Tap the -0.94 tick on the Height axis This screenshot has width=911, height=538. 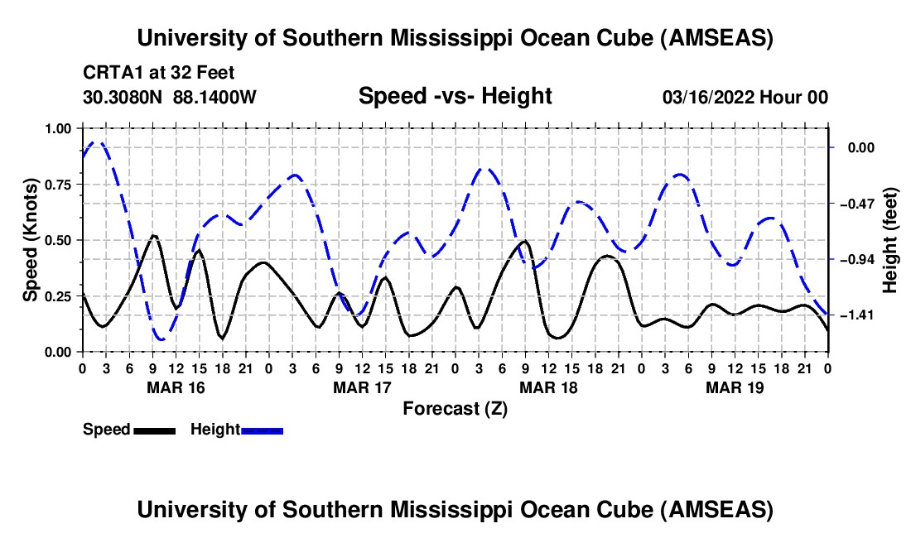pos(856,259)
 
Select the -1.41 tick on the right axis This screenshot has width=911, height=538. pos(856,315)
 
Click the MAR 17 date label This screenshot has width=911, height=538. pos(362,387)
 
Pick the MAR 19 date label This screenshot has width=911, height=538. pos(735,387)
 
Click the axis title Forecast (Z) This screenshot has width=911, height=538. pos(455,409)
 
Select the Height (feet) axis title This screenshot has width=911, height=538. pos(889,240)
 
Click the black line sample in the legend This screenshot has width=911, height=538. pos(154,430)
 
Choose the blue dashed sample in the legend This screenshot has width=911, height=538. pos(262,430)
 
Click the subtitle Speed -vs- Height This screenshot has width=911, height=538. pos(455,96)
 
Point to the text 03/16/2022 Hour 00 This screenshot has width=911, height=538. pos(745,97)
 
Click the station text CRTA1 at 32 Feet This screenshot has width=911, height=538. pos(159,73)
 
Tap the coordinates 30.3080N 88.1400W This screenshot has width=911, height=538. pos(169,97)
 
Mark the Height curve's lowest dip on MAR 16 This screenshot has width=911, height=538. pos(161,339)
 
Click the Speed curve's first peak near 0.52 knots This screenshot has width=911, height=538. pos(153,236)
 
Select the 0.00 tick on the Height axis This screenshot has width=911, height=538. pos(860,147)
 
